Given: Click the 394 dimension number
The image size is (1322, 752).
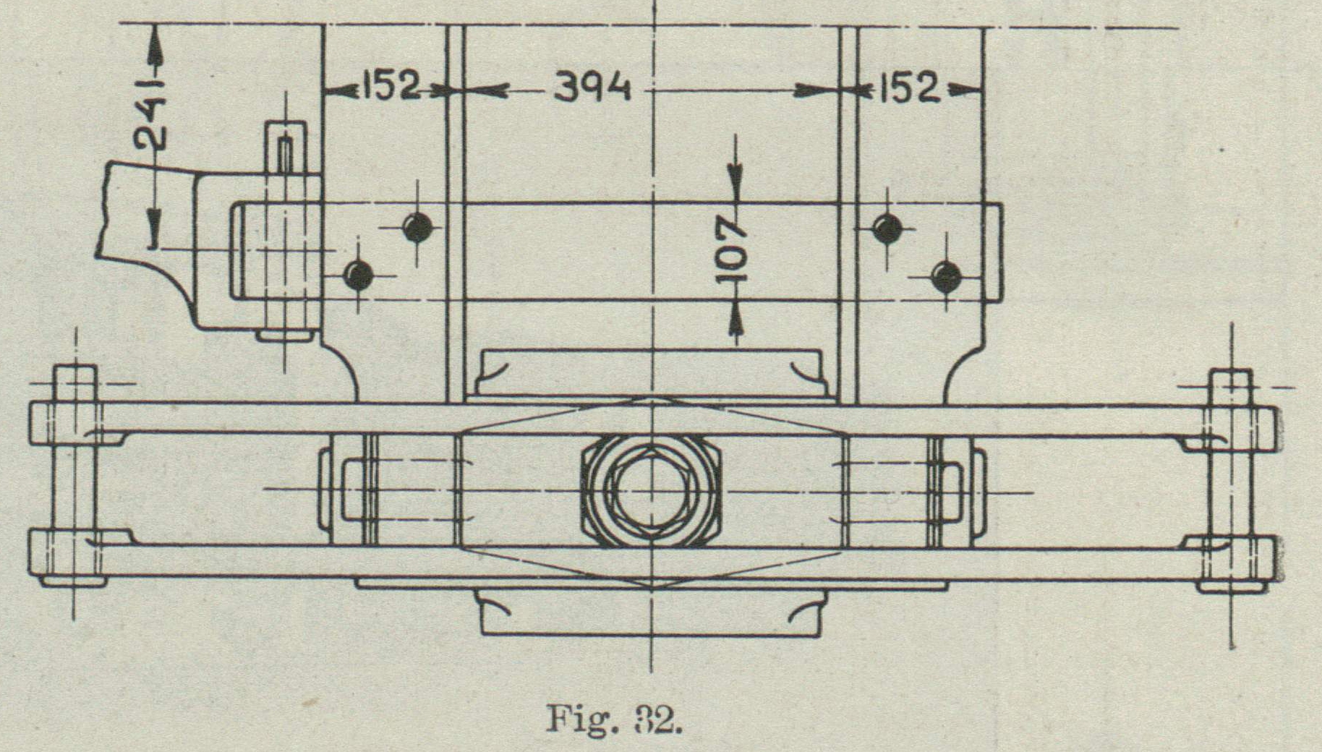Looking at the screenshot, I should pos(592,88).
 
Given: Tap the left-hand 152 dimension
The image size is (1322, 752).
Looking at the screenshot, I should pos(390,87).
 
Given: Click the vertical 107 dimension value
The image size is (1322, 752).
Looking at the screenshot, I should pos(732,252).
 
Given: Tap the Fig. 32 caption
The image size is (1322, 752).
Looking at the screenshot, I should pos(614,719).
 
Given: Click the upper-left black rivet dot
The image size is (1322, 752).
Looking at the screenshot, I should pos(417,228).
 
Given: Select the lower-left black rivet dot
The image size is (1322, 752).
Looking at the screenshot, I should pos(359,275).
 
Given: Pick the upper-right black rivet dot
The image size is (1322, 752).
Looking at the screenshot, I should pos(887,228).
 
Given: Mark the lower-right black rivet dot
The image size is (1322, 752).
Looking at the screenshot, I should pos(946,277).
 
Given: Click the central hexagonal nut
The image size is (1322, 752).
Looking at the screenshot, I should pos(652,491).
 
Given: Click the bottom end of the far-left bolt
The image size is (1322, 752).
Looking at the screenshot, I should pos(73,581).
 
